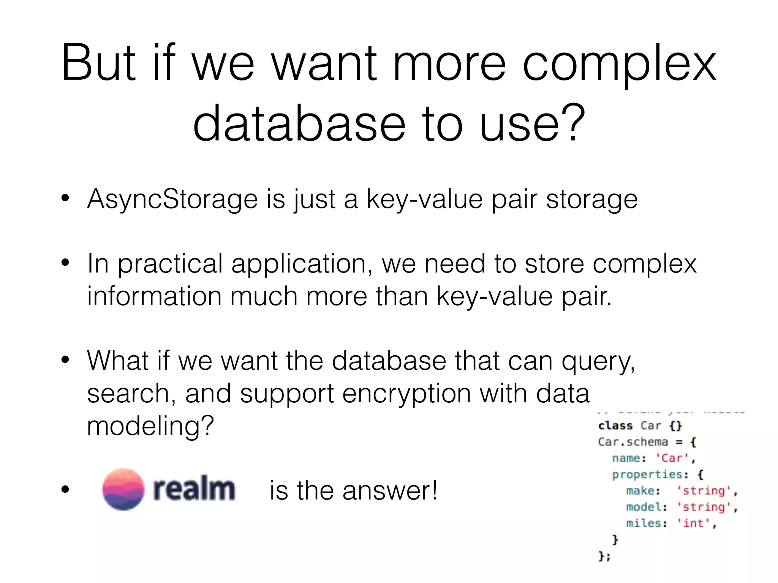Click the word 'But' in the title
(x=98, y=63)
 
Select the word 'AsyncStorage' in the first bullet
(x=172, y=199)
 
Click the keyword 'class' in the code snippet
(x=615, y=425)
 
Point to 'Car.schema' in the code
(x=633, y=442)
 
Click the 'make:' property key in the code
(x=643, y=491)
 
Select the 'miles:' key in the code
(x=646, y=523)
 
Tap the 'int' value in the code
(x=693, y=523)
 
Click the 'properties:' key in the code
(x=650, y=474)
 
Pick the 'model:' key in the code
(x=646, y=507)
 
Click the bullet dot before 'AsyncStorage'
(x=65, y=198)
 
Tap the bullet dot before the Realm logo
(x=65, y=490)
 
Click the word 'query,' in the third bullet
(x=598, y=361)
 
